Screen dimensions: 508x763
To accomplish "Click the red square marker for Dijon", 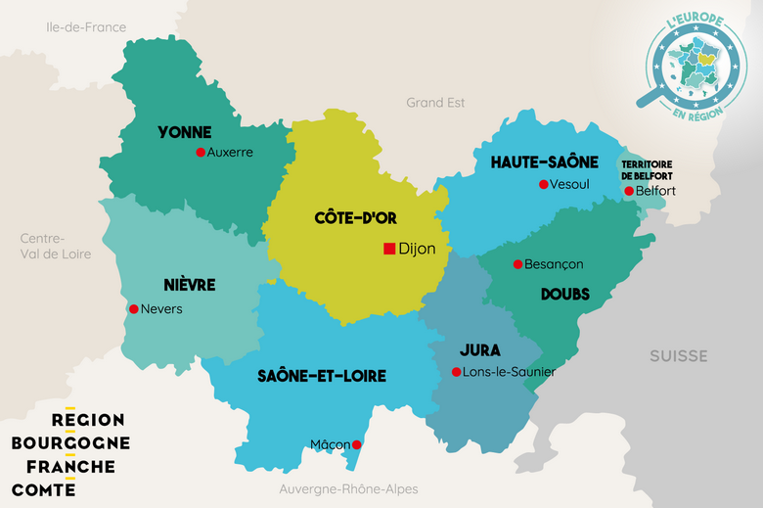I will (x=389, y=249).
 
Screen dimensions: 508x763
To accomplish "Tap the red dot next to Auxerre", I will (x=201, y=152).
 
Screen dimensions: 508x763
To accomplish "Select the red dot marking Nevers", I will (x=133, y=309).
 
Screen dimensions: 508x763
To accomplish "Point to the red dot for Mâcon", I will (x=356, y=444).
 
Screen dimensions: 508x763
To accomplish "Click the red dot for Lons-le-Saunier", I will (x=456, y=372).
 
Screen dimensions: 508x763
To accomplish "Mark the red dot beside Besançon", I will (x=517, y=264).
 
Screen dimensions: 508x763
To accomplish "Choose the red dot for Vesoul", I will (x=543, y=184).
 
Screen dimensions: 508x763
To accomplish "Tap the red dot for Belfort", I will (x=629, y=191).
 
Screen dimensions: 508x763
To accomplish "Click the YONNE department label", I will (x=185, y=131).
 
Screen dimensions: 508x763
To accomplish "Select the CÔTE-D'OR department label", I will (x=355, y=218).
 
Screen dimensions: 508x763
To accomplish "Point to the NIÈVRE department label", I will (x=190, y=285).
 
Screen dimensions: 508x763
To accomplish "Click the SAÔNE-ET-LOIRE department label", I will (x=322, y=376).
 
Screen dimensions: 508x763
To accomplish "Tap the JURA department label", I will (x=479, y=349).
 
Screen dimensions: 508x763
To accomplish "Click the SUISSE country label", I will (x=678, y=355).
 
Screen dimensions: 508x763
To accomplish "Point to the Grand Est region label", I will (x=435, y=102).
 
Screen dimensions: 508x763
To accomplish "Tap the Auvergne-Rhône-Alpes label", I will (x=348, y=488).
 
